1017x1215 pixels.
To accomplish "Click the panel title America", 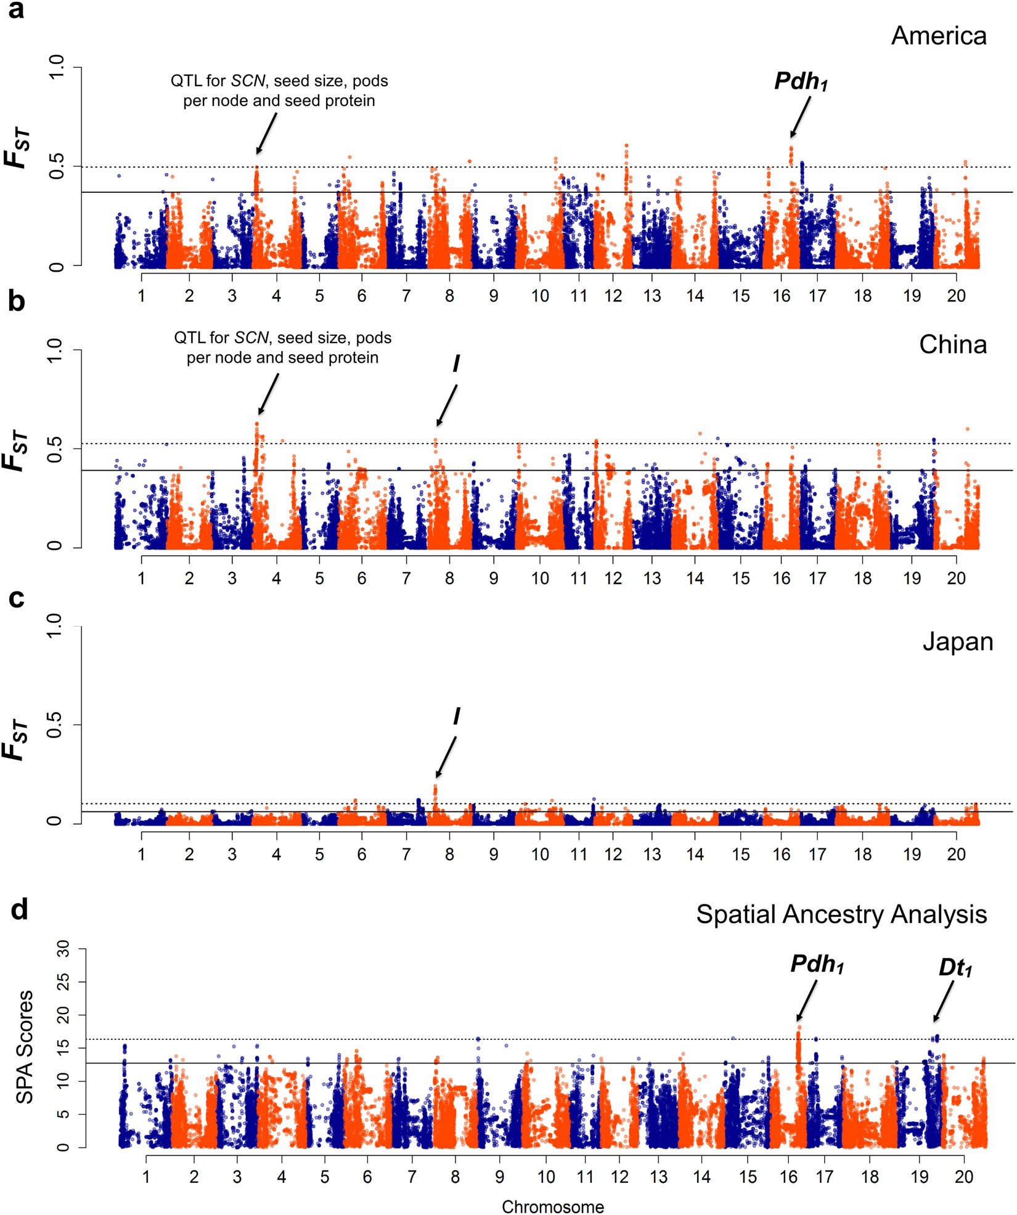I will coord(938,36).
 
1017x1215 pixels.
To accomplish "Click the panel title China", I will coord(952,344).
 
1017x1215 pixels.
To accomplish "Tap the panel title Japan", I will coord(957,642).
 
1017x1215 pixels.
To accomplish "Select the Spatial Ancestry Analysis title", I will coord(841,914).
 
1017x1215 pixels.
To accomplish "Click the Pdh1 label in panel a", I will coord(800,81).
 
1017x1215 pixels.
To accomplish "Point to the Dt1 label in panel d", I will coord(955,967).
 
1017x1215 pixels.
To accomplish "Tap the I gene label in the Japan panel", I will coord(456,716).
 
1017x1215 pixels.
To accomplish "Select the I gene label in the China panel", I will coord(456,364).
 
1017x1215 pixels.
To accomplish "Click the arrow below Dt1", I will coord(944,1001).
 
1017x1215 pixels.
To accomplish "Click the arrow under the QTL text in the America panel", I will coord(266,134).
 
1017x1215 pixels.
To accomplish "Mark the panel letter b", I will coord(16,301).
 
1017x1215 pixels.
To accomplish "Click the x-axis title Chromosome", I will coord(552,1206).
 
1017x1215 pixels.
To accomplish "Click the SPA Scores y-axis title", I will coord(25,1047).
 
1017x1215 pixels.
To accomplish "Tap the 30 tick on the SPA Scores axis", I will coord(63,951).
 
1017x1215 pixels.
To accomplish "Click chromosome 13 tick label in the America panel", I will coord(651,296).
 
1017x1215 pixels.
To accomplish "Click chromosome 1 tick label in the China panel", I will coord(141,578).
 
